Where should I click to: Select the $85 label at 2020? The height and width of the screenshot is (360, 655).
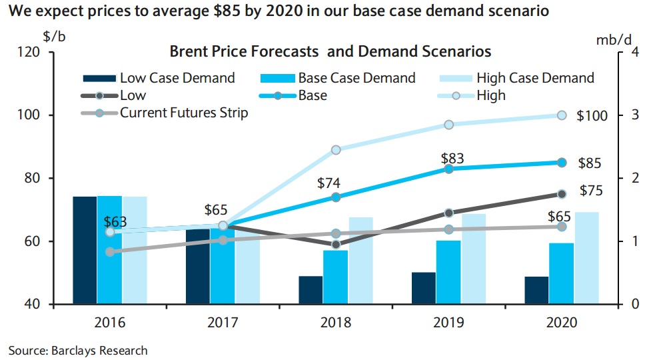click(589, 163)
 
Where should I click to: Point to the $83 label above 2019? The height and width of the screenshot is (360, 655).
click(452, 159)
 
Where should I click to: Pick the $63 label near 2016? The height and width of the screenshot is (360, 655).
click(115, 222)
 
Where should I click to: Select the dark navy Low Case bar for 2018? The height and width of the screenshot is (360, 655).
click(311, 290)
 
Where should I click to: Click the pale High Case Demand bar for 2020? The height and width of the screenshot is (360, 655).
click(586, 258)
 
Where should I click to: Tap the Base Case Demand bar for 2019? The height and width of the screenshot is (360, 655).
click(448, 272)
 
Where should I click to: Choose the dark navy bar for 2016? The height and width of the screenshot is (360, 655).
click(85, 250)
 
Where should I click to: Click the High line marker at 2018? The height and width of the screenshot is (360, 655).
click(336, 150)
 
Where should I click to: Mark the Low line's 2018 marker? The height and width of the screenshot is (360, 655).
click(336, 245)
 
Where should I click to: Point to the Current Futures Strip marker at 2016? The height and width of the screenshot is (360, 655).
click(110, 252)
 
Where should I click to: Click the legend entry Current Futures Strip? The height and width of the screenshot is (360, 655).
click(184, 113)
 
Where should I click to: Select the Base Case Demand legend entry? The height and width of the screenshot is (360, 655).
click(356, 78)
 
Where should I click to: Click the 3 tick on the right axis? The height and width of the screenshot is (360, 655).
click(634, 115)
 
